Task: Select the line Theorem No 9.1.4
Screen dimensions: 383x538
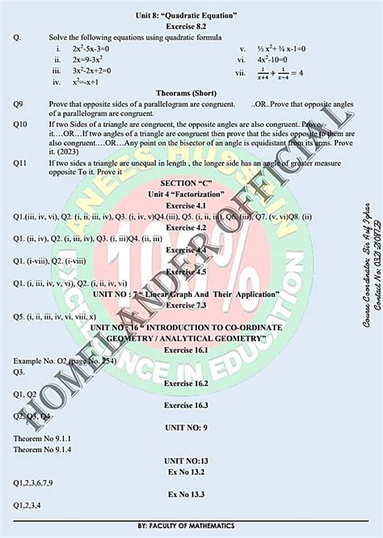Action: tap(42, 449)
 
